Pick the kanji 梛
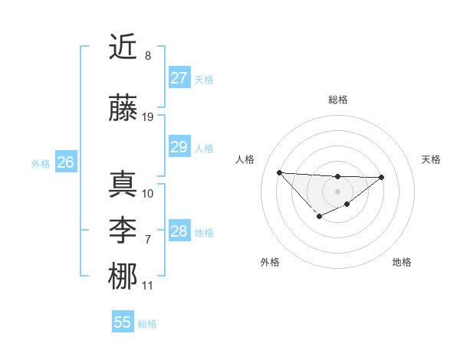point(123,276)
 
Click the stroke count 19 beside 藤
point(148,116)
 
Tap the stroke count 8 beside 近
point(148,56)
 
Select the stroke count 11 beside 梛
point(148,286)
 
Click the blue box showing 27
point(179,78)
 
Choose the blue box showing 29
point(179,147)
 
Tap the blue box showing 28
point(179,231)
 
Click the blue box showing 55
point(123,322)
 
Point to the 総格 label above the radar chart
point(338,100)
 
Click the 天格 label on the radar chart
point(431,159)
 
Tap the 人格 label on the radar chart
point(245,159)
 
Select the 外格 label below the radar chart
point(270,262)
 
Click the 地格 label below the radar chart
point(402,262)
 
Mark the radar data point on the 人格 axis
point(279,172)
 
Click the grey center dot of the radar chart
point(337,191)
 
